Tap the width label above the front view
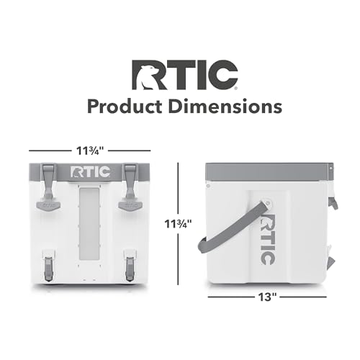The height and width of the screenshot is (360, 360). click(x=86, y=152)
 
